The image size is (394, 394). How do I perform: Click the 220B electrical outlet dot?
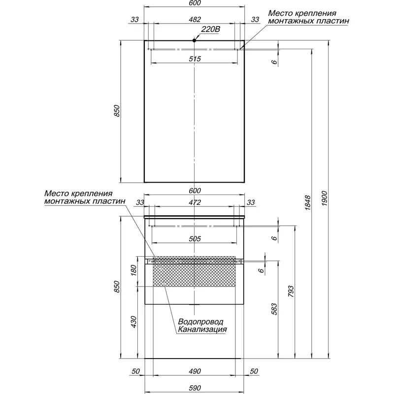194,40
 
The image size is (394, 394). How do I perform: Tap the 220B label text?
210,30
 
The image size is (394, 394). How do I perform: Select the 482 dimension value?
195,19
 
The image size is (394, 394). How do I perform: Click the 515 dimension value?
195,59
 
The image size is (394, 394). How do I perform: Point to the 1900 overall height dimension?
325,198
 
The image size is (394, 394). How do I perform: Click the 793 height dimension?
291,291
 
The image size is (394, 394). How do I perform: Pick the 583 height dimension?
274,309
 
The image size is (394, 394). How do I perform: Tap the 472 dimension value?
195,202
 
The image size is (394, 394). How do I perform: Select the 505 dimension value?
195,238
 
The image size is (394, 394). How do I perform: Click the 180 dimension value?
133,270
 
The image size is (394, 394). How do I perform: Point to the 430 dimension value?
133,322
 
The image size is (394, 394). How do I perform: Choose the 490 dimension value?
195,371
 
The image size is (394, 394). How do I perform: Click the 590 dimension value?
195,388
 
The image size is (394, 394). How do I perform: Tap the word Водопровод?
200,322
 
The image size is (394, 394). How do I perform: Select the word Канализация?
202,329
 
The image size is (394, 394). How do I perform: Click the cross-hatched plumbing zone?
194,271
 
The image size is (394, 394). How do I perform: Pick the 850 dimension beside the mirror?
117,111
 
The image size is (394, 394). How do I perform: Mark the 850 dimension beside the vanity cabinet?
117,287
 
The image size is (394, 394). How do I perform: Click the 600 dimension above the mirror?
195,3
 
